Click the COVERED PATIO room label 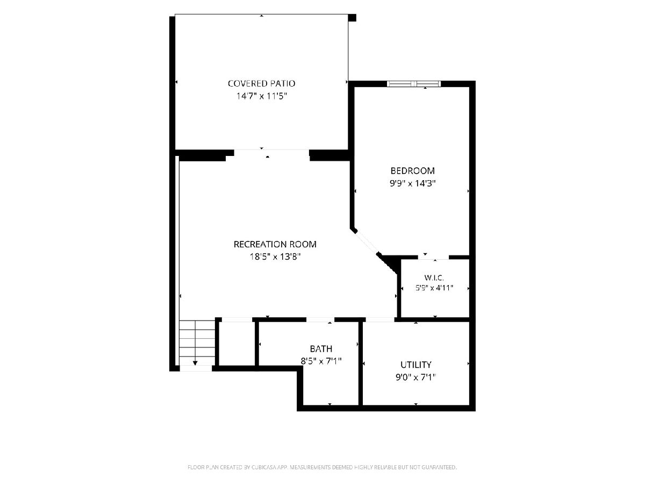coord(261,83)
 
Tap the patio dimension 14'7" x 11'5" coord(262,96)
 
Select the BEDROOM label coord(412,170)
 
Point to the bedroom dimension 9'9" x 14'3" coord(412,183)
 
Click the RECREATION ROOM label coord(275,244)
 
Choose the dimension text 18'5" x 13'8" coord(275,257)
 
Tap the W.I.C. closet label coord(434,277)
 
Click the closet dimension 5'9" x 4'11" coord(434,288)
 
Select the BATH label coord(321,349)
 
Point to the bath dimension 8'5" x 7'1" coord(321,361)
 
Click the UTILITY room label coord(416,365)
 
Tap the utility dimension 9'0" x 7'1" coord(416,377)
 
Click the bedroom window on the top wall coord(414,84)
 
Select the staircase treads coord(197,343)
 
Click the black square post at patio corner coord(352,18)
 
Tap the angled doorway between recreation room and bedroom coord(367,243)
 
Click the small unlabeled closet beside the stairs coord(237,344)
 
